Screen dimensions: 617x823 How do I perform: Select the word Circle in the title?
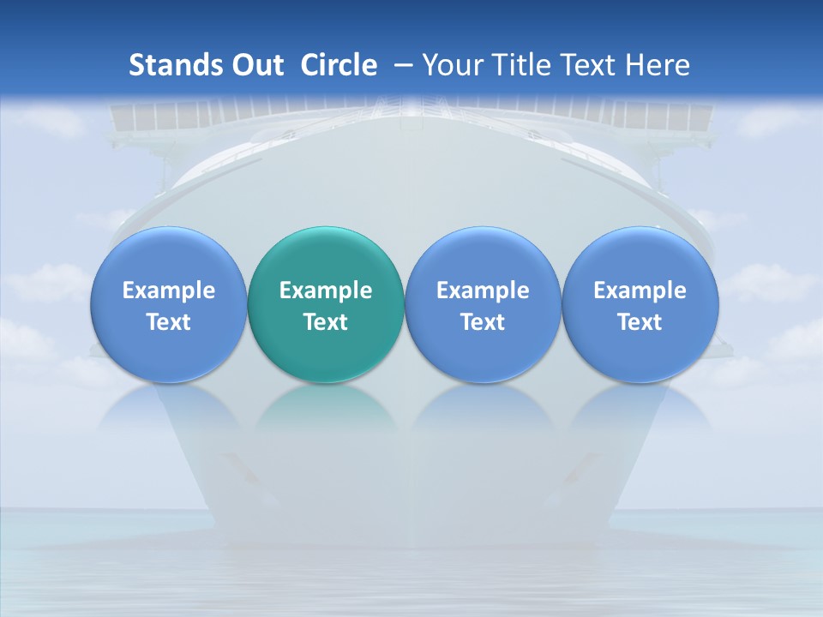pyautogui.click(x=339, y=65)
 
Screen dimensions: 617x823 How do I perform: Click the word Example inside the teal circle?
pyautogui.click(x=326, y=291)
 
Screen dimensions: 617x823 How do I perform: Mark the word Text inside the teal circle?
pyautogui.click(x=326, y=322)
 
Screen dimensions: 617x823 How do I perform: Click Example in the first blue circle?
pyautogui.click(x=169, y=291)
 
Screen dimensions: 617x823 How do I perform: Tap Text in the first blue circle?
pyautogui.click(x=169, y=322)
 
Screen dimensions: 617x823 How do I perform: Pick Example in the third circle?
pyautogui.click(x=483, y=291)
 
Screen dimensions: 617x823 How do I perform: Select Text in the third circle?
pyautogui.click(x=483, y=322)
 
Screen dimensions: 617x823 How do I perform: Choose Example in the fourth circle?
pyautogui.click(x=640, y=291)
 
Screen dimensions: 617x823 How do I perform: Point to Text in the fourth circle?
pyautogui.click(x=640, y=322)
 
